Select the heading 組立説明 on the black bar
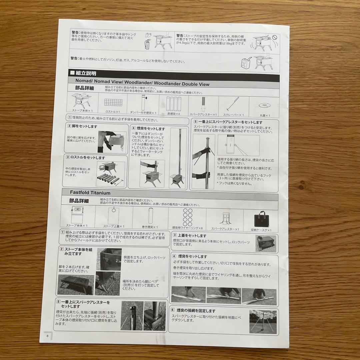(x=86, y=73)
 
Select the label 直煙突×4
(x=173, y=114)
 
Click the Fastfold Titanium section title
(x=90, y=193)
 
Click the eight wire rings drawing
(x=188, y=217)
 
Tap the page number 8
(x=48, y=335)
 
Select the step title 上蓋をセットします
(x=192, y=236)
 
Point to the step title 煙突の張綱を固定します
(x=197, y=310)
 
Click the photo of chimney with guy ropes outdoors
(x=263, y=321)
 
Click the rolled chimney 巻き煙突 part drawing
(x=150, y=216)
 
